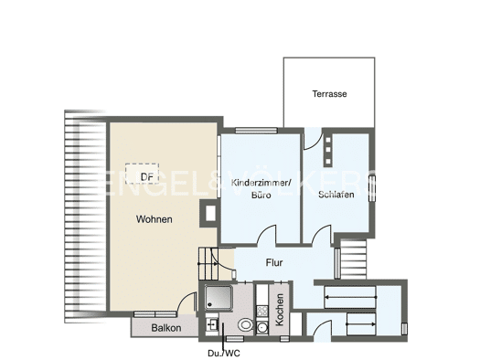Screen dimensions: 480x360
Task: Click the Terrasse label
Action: [329, 93]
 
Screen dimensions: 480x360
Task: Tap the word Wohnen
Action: [154, 219]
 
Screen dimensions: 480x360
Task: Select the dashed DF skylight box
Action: [142, 174]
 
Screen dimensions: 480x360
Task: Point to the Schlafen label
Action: [336, 195]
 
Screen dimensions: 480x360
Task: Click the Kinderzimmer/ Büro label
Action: [261, 189]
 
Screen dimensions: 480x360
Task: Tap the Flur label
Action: [274, 262]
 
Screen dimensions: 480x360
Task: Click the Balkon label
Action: [166, 328]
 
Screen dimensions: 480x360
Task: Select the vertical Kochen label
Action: [280, 310]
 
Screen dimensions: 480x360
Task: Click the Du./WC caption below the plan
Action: [224, 354]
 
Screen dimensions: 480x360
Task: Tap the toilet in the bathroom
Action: [246, 324]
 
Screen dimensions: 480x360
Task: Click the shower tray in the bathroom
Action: [219, 297]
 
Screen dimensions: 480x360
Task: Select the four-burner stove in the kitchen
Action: [262, 312]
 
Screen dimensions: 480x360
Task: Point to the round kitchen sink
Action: [262, 328]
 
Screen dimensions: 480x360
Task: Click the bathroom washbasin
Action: [211, 324]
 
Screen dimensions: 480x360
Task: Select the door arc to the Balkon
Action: [187, 301]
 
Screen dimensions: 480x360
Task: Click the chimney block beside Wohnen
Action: [209, 213]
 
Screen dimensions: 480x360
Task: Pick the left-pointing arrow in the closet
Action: [350, 297]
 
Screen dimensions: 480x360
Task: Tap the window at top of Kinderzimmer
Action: [256, 131]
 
